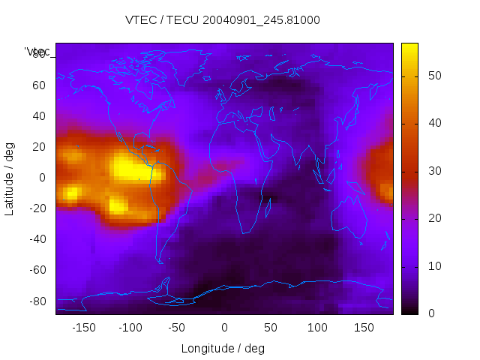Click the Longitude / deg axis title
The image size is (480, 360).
click(x=223, y=349)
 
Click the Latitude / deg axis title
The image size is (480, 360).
click(x=10, y=178)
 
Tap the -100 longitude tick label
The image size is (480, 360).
click(x=130, y=328)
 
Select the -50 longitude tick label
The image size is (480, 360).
click(x=177, y=328)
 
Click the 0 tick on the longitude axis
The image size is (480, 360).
click(x=224, y=328)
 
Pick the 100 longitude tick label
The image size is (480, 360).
click(x=317, y=328)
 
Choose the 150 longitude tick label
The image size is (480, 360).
click(x=364, y=328)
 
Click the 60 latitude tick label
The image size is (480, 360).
click(x=39, y=85)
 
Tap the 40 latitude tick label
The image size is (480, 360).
click(x=39, y=116)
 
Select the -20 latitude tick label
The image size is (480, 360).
click(x=37, y=208)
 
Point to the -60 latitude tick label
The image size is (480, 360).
click(x=37, y=270)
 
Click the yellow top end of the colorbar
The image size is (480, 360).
click(x=409, y=49)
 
